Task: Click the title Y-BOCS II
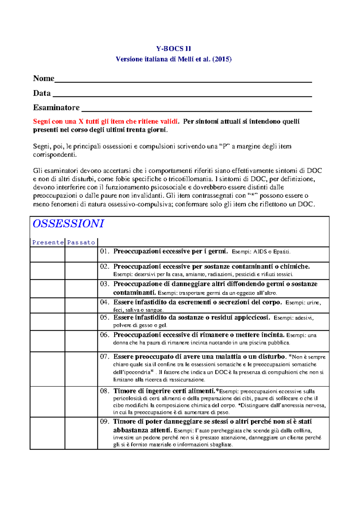(x=173, y=49)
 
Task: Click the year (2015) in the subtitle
(x=222, y=59)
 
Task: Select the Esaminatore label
(x=56, y=107)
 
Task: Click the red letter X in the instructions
(x=81, y=121)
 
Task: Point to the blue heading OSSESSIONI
(x=68, y=224)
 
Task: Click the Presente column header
(x=48, y=242)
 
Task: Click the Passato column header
(x=81, y=242)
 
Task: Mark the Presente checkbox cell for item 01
(x=47, y=255)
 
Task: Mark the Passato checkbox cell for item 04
(x=81, y=305)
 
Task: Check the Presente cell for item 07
(x=47, y=369)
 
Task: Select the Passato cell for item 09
(x=81, y=433)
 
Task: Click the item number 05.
(x=104, y=317)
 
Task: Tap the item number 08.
(x=104, y=391)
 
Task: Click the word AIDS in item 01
(x=260, y=252)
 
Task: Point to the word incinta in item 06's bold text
(x=272, y=335)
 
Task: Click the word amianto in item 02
(x=196, y=274)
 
